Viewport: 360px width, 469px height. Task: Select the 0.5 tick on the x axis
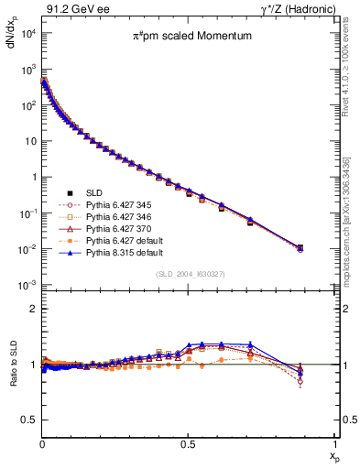pos(188,444)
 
